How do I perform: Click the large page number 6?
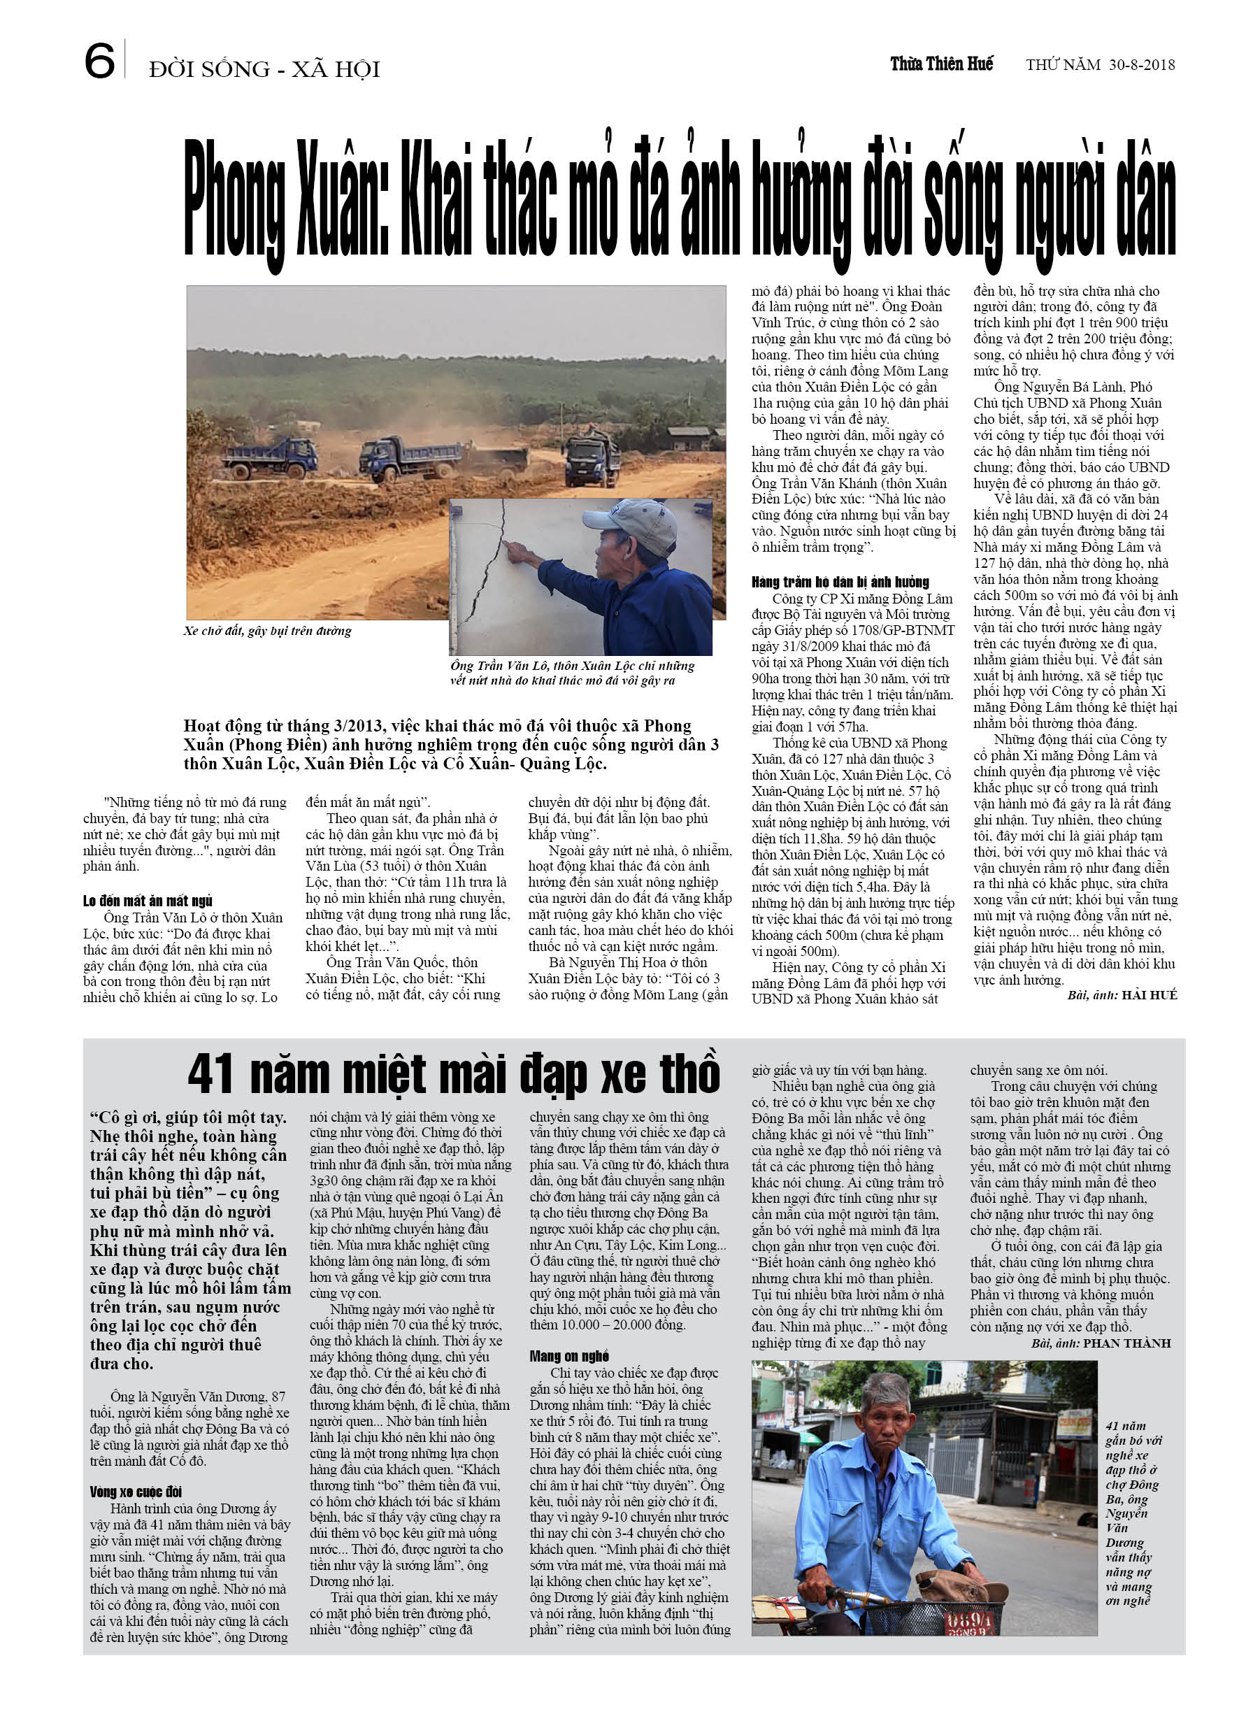click(x=99, y=62)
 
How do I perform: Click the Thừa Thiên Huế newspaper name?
click(x=941, y=64)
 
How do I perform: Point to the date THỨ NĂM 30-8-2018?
click(x=1100, y=65)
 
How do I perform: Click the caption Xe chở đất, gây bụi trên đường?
click(x=268, y=631)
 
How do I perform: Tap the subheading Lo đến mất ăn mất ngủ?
click(x=148, y=901)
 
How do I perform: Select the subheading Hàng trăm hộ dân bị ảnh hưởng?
click(x=840, y=582)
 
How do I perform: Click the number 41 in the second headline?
click(x=211, y=1075)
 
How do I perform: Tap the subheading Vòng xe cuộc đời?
click(x=136, y=1492)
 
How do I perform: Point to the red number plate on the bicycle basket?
click(x=970, y=1620)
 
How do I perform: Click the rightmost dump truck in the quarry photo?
click(x=592, y=457)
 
